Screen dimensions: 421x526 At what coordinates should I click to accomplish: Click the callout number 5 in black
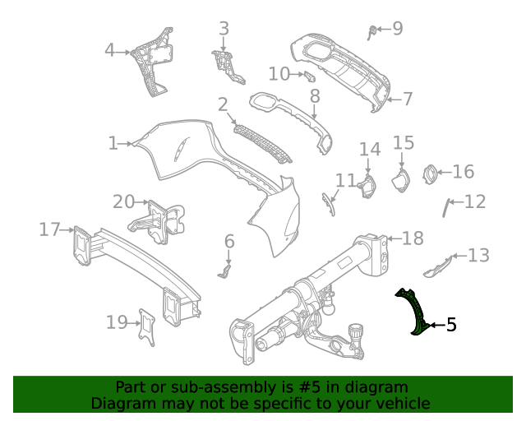tap(450, 326)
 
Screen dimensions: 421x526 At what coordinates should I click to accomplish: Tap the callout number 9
tap(398, 29)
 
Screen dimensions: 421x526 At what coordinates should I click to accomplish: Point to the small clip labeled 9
tap(373, 31)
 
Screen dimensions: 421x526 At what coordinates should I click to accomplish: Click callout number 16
tap(464, 172)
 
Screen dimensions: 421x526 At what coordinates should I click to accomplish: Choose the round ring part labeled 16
tap(428, 173)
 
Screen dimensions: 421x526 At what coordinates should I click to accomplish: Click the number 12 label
tap(475, 201)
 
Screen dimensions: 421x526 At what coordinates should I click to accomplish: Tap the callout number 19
tap(116, 322)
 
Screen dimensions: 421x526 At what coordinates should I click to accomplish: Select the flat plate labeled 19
tap(147, 326)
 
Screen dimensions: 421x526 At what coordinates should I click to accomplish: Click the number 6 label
tap(229, 241)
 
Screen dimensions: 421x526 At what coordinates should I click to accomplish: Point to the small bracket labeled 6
tap(226, 267)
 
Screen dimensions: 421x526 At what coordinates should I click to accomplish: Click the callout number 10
tap(279, 74)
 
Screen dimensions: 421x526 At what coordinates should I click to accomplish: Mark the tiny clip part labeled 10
tap(310, 76)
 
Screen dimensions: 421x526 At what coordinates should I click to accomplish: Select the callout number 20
tap(123, 201)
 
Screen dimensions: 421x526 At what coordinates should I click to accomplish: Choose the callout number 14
tap(370, 150)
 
